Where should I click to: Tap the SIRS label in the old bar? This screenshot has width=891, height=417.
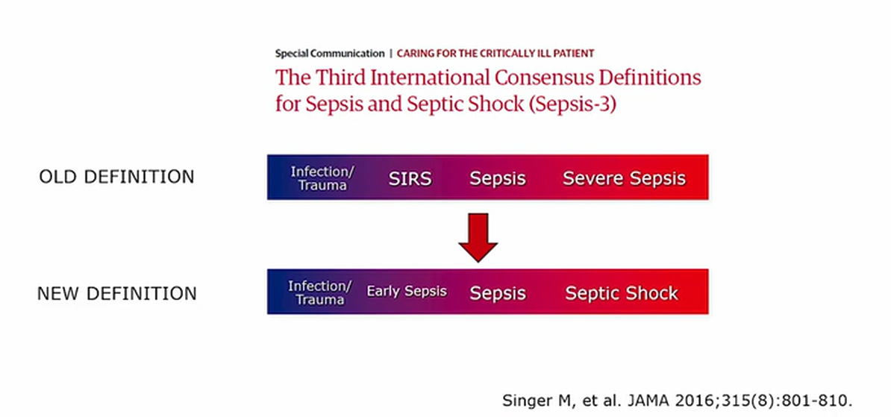410,179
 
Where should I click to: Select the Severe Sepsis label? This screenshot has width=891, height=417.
624,178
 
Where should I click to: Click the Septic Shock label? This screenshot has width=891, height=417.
622,293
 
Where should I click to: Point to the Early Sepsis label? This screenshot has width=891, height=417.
407,292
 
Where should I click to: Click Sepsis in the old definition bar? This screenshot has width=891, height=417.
498,179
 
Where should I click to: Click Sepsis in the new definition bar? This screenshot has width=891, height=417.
498,294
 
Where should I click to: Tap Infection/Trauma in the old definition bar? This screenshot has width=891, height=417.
319,178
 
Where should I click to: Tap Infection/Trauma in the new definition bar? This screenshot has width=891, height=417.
320,292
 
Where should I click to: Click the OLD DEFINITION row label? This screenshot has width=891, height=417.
116,177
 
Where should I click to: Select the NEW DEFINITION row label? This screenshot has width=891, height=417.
117,294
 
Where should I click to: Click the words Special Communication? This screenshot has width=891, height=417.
330,54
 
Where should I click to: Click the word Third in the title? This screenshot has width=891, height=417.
342,78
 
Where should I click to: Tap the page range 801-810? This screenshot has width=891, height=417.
816,401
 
